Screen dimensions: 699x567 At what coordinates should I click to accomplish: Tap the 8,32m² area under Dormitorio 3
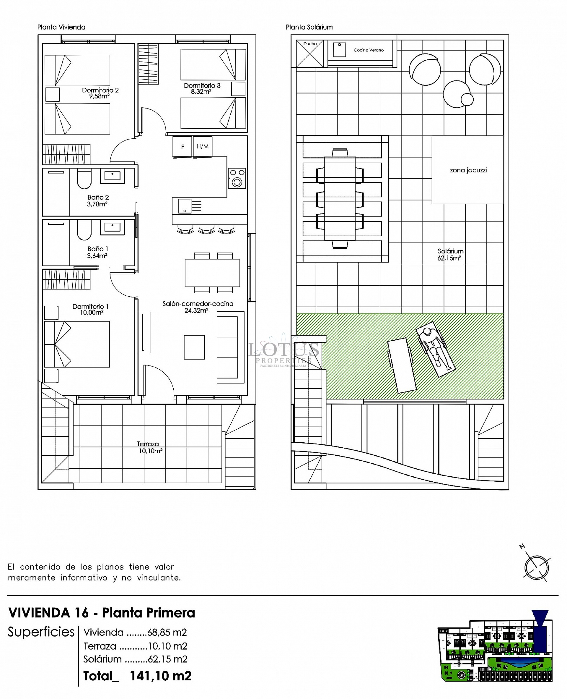point(201,92)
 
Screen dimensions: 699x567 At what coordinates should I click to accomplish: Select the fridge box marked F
point(182,147)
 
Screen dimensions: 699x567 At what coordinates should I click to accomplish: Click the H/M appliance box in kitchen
point(203,146)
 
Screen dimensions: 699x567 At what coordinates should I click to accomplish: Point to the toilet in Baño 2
point(84,179)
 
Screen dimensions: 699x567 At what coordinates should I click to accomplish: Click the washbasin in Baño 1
point(112,227)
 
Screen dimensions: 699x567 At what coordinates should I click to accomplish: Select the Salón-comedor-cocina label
point(198,304)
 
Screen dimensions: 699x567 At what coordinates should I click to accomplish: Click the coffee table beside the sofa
point(194,347)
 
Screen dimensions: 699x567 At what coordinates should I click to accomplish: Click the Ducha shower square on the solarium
point(309,53)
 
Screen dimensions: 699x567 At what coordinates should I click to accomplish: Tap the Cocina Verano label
point(369,50)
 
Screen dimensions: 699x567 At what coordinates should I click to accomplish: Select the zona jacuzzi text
point(468,170)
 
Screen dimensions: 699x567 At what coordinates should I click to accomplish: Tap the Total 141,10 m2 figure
point(160,676)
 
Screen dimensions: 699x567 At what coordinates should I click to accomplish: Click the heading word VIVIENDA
point(39,613)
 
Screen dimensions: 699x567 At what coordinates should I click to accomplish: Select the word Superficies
point(41,632)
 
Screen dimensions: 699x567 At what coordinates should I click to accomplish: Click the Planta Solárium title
point(309,27)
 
